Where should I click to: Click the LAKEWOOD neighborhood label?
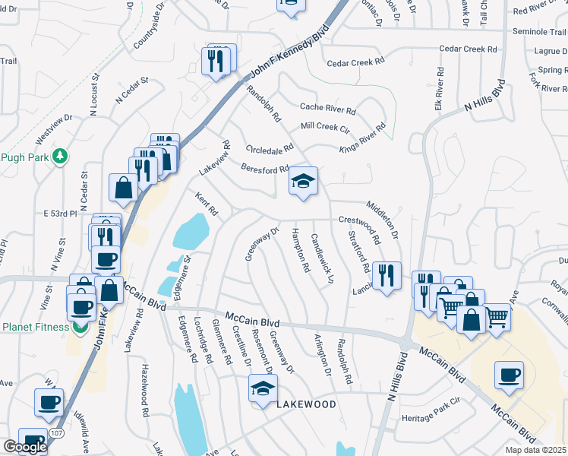[x=305, y=404]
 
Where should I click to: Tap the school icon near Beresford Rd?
[x=303, y=182]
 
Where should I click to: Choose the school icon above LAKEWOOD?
[x=263, y=389]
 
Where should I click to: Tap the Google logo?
[x=24, y=447]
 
